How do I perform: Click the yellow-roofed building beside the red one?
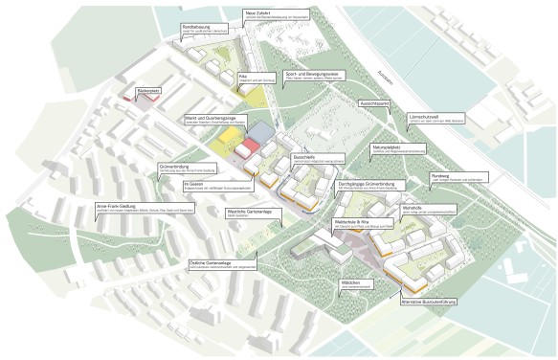227,143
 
